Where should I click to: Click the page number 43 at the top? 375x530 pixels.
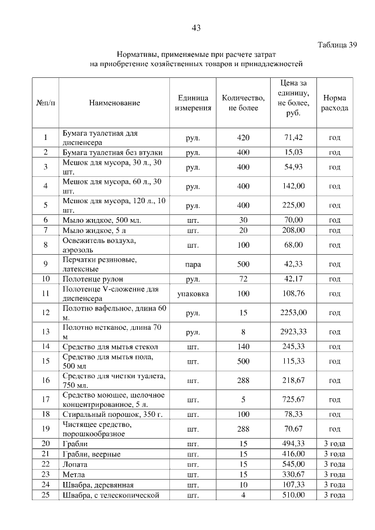coord(196,28)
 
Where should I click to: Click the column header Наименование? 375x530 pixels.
coord(114,103)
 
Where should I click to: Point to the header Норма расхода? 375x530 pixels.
coord(335,103)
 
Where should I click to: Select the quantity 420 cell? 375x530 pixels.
coord(243,138)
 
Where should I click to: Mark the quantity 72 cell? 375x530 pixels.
coord(243,279)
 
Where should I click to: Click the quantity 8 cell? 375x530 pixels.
coord(243,332)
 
